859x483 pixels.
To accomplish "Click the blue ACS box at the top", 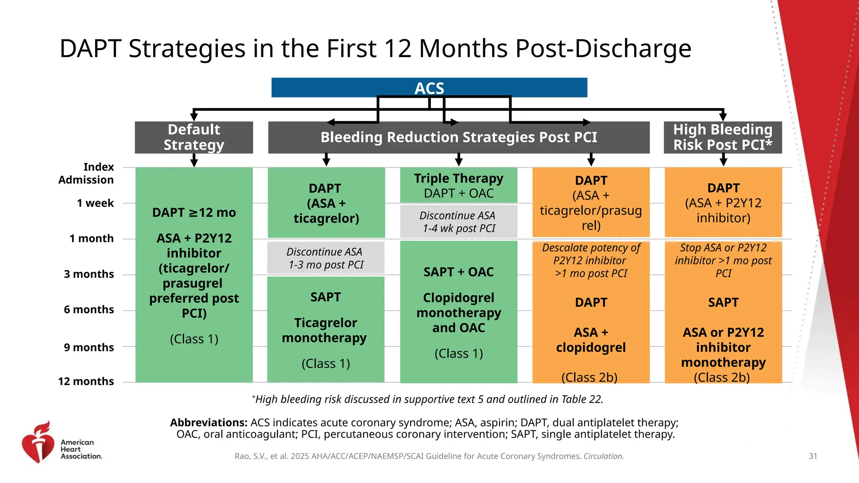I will pyautogui.click(x=429, y=88).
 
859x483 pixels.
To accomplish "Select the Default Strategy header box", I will pyautogui.click(x=194, y=137).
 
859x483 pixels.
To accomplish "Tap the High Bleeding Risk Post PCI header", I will pyautogui.click(x=723, y=137).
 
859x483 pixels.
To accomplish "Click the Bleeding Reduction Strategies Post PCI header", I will pyautogui.click(x=458, y=137).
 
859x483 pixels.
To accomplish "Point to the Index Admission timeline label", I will pyautogui.click(x=86, y=173).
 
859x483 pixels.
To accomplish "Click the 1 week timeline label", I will pyautogui.click(x=95, y=203).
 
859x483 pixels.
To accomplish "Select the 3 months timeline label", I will pyautogui.click(x=89, y=274).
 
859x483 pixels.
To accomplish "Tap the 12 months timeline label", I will pyautogui.click(x=86, y=381).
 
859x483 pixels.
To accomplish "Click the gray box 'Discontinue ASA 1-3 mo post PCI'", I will pyautogui.click(x=325, y=258).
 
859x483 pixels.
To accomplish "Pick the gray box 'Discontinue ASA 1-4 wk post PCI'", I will pyautogui.click(x=458, y=222).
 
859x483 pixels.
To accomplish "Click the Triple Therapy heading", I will pyautogui.click(x=458, y=179).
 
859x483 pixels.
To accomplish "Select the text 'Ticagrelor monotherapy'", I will pyautogui.click(x=325, y=330).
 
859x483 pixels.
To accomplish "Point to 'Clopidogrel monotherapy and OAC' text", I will pyautogui.click(x=458, y=312).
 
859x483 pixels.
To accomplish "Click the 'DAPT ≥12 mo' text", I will pyautogui.click(x=194, y=213).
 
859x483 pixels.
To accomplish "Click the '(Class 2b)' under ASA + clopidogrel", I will pyautogui.click(x=589, y=377).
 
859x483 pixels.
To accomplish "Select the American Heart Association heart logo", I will pyautogui.click(x=38, y=442).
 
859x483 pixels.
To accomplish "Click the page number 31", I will pyautogui.click(x=812, y=456).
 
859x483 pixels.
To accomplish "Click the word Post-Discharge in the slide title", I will pyautogui.click(x=603, y=49).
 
